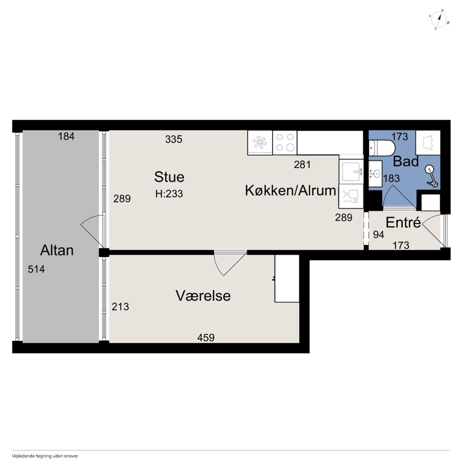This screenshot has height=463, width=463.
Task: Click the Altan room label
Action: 57,250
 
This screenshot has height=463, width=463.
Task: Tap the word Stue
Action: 169,177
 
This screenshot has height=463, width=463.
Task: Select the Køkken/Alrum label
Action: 290,191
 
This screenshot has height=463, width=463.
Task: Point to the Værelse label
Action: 203,296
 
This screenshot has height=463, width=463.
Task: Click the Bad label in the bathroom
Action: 405,161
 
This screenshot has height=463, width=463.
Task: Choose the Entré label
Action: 403,222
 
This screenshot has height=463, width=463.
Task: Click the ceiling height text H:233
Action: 169,194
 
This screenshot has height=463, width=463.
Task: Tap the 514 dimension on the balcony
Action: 36,269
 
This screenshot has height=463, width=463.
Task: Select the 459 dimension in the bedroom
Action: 206,337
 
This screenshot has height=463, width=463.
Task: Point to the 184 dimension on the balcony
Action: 66,136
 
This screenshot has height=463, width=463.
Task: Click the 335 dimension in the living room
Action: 174,139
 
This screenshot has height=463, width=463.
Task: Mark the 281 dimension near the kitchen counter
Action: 302,165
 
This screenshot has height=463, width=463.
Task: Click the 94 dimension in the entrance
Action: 379,235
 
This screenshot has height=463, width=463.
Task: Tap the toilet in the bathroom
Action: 382,148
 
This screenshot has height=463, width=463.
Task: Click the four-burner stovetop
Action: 285,143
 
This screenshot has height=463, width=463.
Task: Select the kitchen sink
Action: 351,172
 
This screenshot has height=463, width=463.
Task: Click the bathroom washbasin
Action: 375,173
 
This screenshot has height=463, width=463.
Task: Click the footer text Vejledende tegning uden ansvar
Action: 45,456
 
